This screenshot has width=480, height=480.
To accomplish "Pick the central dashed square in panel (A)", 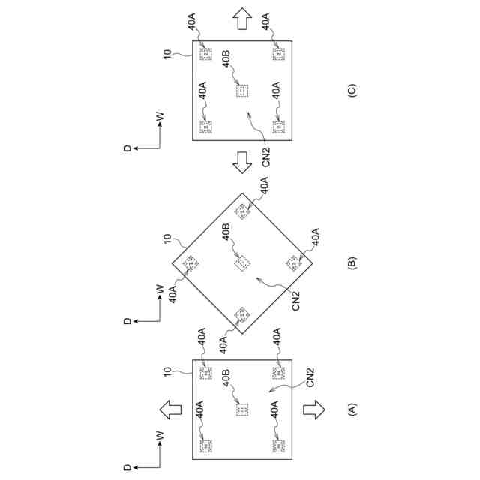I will point(241,410).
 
